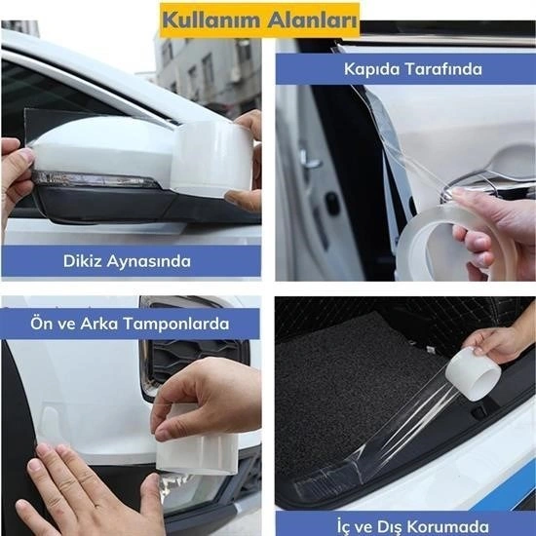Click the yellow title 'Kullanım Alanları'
[258, 18]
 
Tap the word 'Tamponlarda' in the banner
[181, 324]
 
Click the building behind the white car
[205, 68]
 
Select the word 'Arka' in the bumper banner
[100, 324]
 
